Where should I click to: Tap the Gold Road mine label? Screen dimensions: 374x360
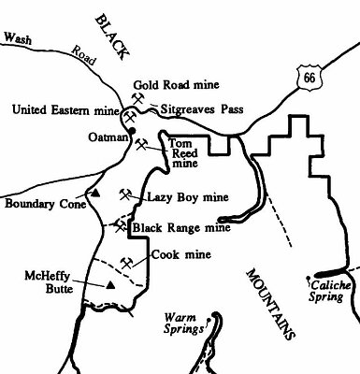click(170, 83)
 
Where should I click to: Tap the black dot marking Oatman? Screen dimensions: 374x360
click(132, 130)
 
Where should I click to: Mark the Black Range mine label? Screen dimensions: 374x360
click(180, 226)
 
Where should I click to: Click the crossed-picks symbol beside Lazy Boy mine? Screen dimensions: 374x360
click(124, 194)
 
